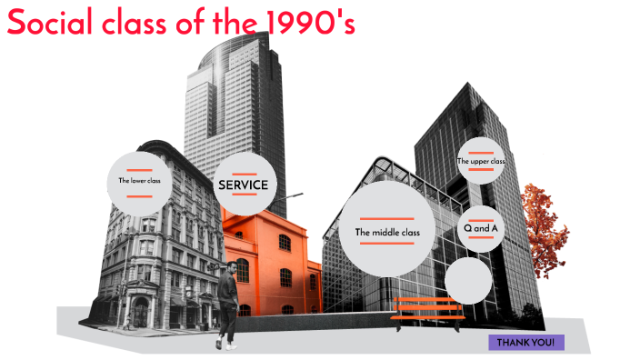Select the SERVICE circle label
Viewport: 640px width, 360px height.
(x=243, y=185)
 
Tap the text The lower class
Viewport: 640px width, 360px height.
(x=139, y=180)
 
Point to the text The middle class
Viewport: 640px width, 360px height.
(x=387, y=232)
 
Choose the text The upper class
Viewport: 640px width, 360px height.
(x=481, y=162)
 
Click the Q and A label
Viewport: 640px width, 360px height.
(x=481, y=228)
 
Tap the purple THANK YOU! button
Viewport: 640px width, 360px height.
(x=526, y=342)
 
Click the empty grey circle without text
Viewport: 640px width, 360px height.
(x=468, y=279)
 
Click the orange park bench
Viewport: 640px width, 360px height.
(x=427, y=309)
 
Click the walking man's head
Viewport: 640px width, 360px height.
(x=232, y=270)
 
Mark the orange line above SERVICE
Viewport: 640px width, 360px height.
(x=243, y=172)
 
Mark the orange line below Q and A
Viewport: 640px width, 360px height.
(x=481, y=238)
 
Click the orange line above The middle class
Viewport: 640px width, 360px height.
(x=387, y=219)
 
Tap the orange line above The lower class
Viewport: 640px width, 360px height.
(x=139, y=170)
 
